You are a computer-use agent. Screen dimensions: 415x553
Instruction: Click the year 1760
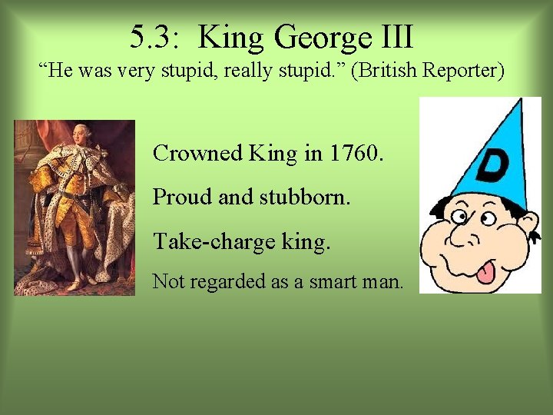pyautogui.click(x=354, y=153)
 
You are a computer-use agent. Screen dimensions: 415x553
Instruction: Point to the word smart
pyautogui.click(x=335, y=282)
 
